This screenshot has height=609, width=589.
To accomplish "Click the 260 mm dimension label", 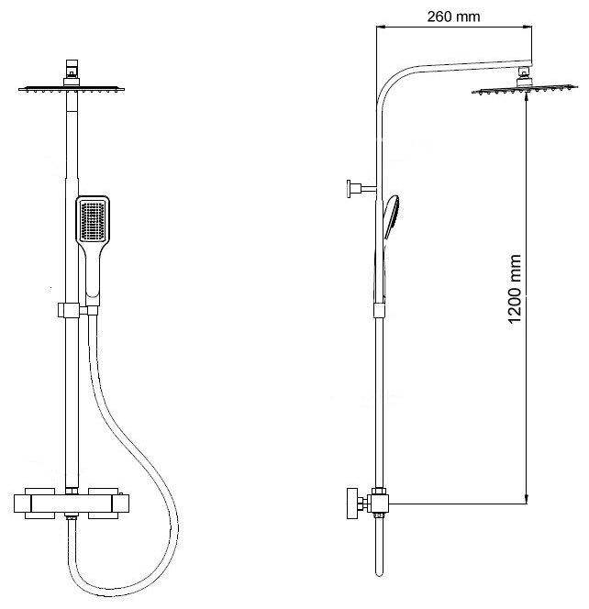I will click(454, 16).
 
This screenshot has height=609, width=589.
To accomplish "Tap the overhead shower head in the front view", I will click(71, 89).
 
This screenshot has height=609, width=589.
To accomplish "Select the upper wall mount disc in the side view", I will click(350, 190).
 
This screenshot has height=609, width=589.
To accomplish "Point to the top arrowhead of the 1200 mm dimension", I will click(526, 99).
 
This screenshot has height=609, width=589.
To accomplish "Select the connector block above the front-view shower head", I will click(71, 71).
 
